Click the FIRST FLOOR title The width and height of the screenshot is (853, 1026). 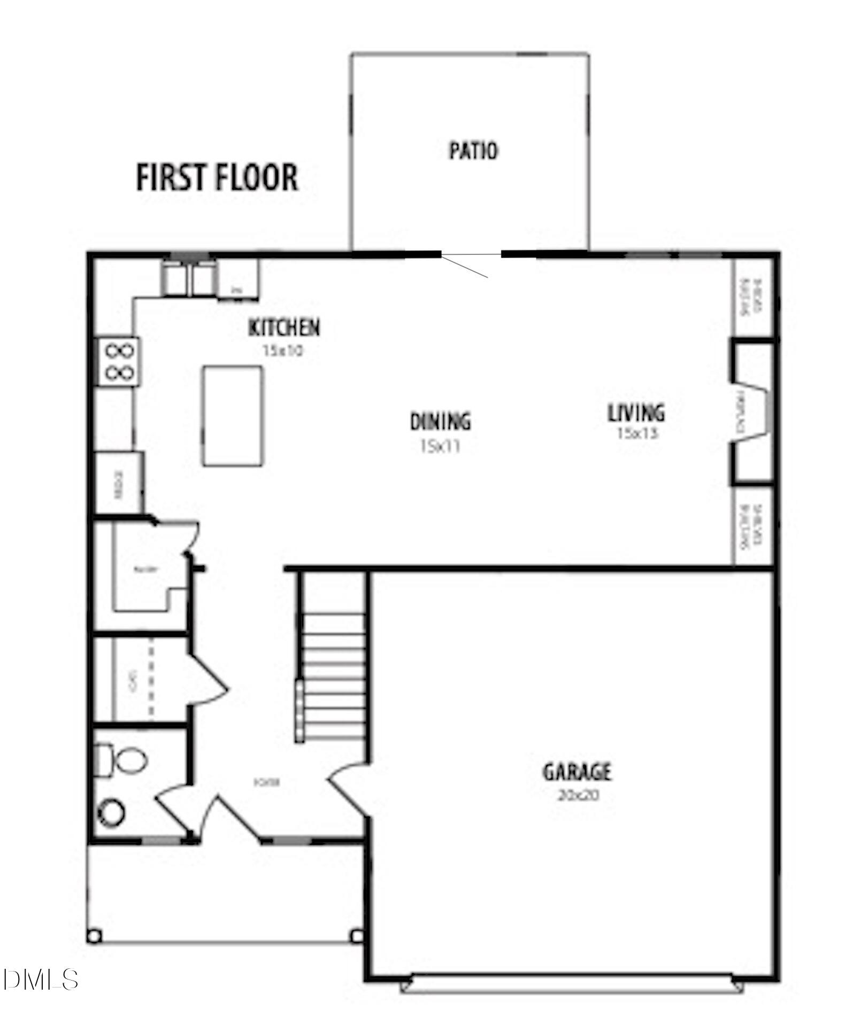click(217, 178)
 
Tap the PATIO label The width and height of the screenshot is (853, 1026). click(473, 151)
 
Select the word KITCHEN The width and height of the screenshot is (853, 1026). click(285, 328)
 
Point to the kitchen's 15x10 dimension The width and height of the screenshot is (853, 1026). click(283, 351)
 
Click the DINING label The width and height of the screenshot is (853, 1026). click(440, 422)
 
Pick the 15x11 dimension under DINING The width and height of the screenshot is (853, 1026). click(440, 446)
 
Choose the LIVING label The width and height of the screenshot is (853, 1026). click(636, 413)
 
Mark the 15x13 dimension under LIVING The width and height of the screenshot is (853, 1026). click(637, 433)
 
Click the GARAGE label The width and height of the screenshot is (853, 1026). click(577, 772)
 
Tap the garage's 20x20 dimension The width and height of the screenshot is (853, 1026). click(578, 795)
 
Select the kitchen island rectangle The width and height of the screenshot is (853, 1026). click(233, 416)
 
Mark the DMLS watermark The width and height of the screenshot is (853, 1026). click(40, 980)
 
